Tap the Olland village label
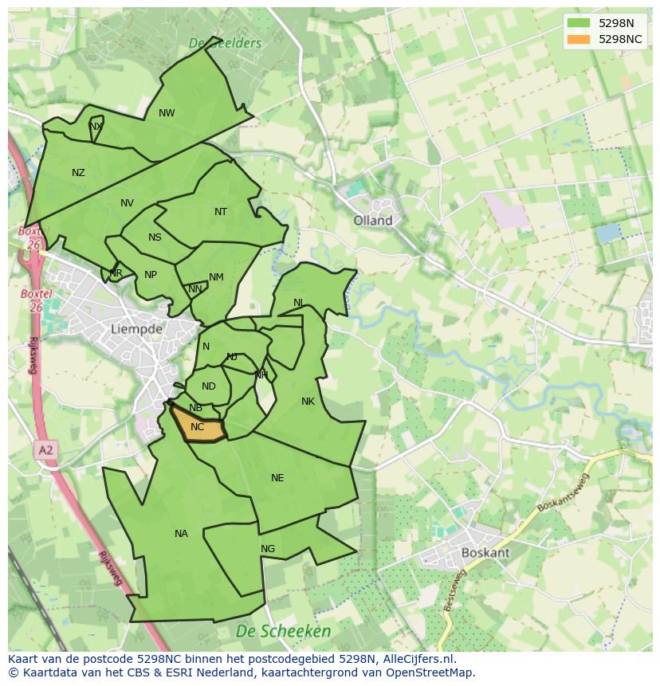tap(373, 221)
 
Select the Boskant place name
tap(485, 552)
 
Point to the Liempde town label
tap(136, 328)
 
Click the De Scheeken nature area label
tap(283, 631)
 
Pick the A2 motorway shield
tap(45, 451)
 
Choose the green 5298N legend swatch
tap(579, 23)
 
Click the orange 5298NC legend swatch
tap(579, 39)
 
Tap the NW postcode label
tap(167, 113)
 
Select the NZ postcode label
tap(78, 173)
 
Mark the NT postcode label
tap(221, 212)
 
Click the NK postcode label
tap(308, 402)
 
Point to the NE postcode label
tap(277, 478)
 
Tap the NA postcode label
tap(181, 534)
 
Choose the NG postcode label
tap(268, 549)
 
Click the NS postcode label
tap(155, 237)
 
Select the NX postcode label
tap(96, 127)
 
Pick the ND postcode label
tap(208, 386)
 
